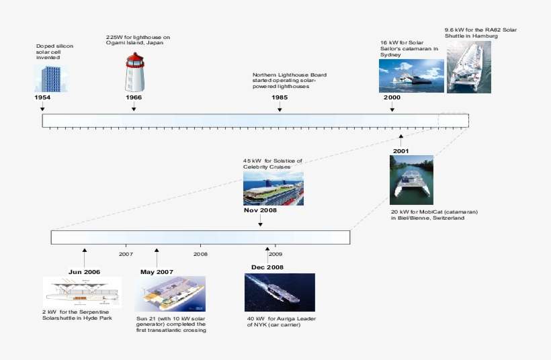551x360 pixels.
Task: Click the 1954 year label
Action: pos(42,97)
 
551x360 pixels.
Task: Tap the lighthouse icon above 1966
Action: pos(134,72)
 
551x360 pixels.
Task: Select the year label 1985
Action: pos(280,97)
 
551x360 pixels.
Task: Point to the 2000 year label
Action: pos(392,97)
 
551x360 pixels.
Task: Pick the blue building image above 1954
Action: pos(50,78)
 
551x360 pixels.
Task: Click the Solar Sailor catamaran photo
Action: pos(411,75)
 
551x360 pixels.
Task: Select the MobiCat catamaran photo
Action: pos(411,180)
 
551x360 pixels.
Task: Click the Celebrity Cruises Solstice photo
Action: pos(273,188)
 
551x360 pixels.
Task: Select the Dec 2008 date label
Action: pos(267,267)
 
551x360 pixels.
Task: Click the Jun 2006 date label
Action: pos(85,272)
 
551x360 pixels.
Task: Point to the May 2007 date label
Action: pos(157,272)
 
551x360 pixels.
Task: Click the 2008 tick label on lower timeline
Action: pos(200,255)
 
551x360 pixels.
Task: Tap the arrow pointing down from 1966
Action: pos(134,107)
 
